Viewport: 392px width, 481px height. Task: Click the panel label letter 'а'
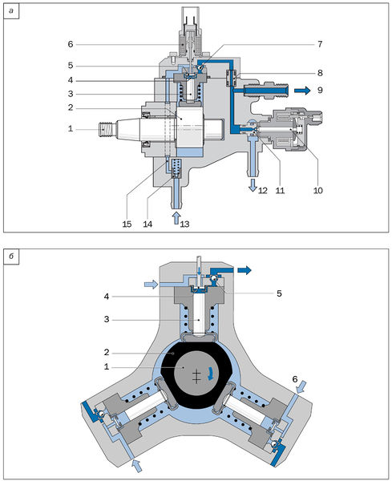pos(11,12)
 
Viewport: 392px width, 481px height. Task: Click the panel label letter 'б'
pos(11,257)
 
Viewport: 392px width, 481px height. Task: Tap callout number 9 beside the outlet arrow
pos(320,90)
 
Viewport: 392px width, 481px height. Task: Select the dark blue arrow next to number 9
pos(302,91)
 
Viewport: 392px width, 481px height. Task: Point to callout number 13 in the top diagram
pos(184,224)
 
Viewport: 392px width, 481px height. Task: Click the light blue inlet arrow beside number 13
pos(176,217)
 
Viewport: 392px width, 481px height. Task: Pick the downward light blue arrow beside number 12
pos(253,185)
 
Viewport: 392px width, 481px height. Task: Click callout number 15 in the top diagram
pos(127,224)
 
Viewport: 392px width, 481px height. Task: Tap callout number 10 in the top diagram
pos(318,191)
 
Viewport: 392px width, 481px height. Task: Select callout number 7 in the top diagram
pos(320,44)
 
